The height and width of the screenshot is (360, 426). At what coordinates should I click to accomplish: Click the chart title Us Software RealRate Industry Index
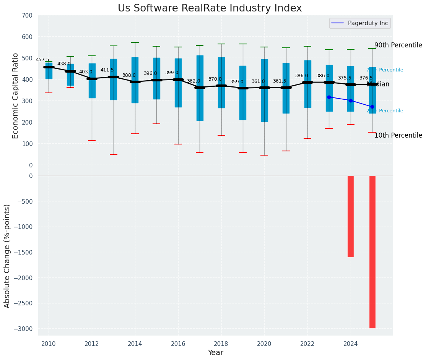pos(210,8)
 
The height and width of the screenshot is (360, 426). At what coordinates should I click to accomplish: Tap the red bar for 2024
pos(351,216)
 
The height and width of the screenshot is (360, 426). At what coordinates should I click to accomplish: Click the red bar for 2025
pos(372,251)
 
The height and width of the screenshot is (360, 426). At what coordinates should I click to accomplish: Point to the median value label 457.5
pos(42,60)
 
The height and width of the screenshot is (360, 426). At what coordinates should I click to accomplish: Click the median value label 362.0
pos(193,81)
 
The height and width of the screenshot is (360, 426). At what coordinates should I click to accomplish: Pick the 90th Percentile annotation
pos(398,45)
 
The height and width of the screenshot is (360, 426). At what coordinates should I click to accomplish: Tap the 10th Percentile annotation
pos(398,135)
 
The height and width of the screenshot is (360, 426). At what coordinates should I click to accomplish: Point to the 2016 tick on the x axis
pos(178,344)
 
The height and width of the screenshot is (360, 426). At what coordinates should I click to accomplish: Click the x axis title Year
pos(215,353)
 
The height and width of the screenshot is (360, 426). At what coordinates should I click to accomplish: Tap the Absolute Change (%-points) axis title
pos(7,256)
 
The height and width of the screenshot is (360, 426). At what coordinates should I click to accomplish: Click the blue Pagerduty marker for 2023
pos(329,97)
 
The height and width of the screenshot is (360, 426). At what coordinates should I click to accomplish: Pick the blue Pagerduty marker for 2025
pos(372,107)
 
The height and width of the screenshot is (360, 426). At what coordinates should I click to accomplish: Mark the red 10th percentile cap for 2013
pos(113,154)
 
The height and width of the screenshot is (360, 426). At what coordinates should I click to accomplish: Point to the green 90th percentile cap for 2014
pos(135,42)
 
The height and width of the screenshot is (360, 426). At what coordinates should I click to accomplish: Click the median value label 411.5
pos(107,70)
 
